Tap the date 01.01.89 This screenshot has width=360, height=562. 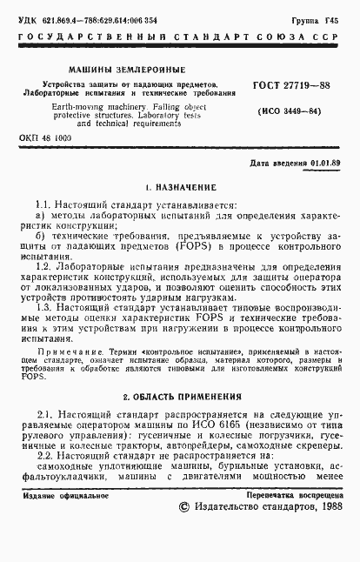(x=325, y=163)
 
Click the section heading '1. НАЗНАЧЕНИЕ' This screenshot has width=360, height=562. (x=180, y=187)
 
